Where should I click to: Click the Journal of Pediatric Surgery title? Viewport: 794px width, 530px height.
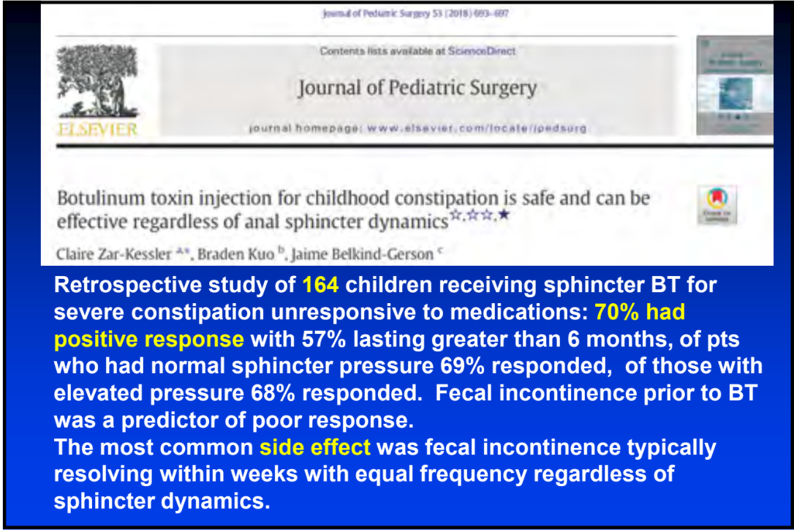pos(417,89)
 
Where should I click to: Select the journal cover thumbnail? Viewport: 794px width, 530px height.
pos(734,85)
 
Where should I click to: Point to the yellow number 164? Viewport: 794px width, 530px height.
pos(321,285)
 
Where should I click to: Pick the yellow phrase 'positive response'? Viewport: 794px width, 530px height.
pos(148,340)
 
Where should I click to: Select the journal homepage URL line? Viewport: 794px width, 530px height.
pos(417,128)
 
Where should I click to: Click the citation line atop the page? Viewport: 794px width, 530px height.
pos(416,13)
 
